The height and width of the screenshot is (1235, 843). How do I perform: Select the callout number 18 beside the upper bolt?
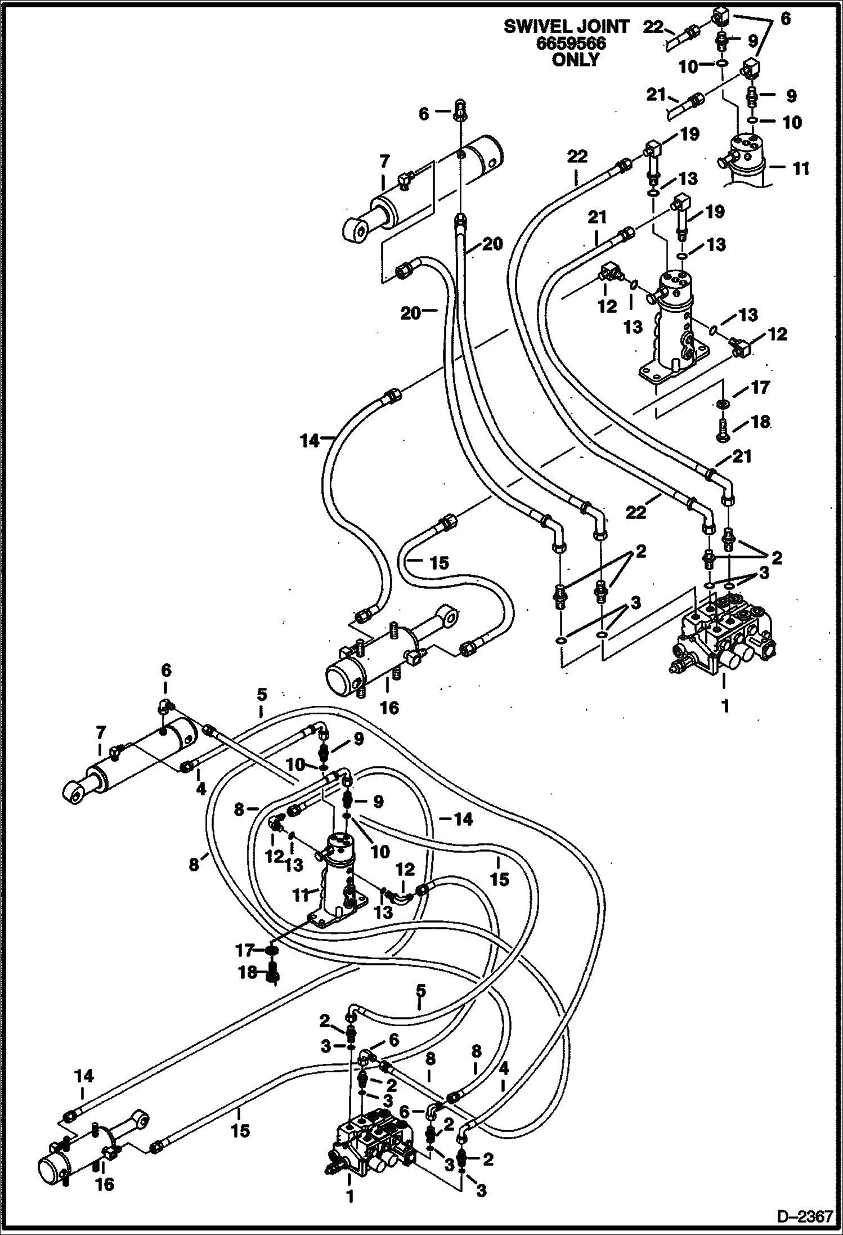pos(760,422)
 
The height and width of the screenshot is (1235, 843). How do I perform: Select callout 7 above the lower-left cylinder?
pos(100,734)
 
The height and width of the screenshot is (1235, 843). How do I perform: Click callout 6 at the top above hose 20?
pos(424,114)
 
